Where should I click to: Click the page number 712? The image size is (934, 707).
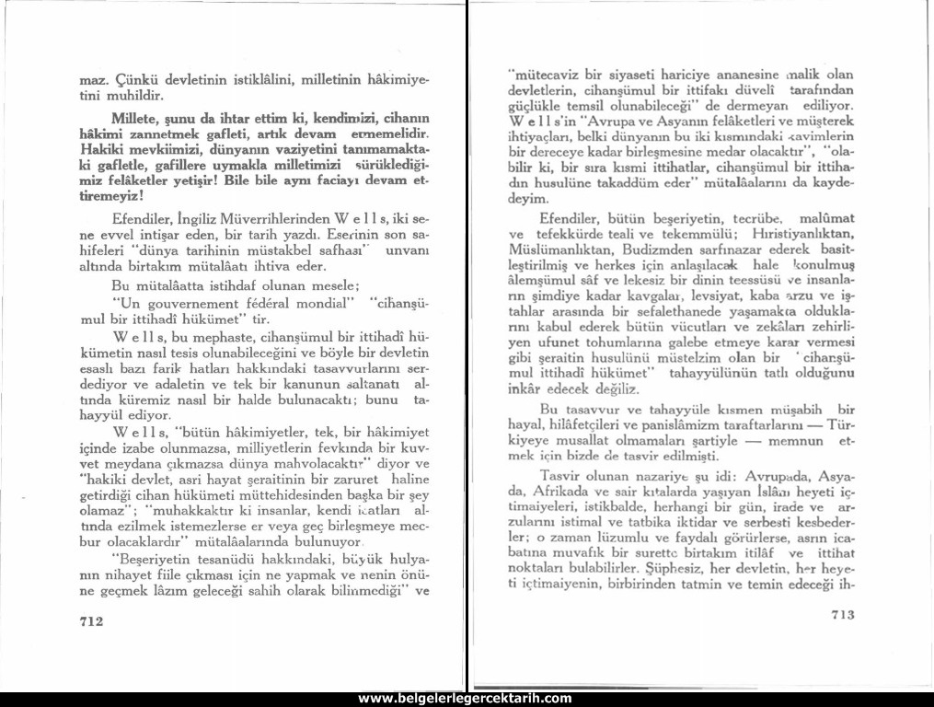pos(89,621)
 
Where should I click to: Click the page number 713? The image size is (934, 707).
pos(844,613)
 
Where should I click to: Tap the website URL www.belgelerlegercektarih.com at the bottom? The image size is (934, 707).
pos(465,699)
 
